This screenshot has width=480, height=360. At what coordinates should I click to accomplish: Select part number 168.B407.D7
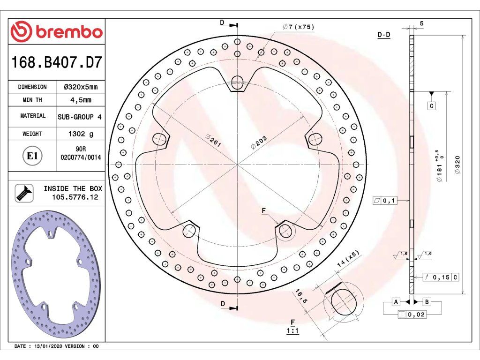pos(56,62)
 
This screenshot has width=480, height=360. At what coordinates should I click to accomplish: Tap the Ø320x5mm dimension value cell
pos(81,87)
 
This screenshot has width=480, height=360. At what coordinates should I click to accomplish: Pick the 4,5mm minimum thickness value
pos(81,100)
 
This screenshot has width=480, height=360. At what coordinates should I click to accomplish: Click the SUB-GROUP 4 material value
pos(80,117)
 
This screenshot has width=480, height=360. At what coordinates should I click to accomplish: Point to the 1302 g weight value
pos(81,134)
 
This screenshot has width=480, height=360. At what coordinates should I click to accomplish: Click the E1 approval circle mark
pos(32,156)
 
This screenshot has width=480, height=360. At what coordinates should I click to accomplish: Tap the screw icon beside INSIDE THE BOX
pos(24,193)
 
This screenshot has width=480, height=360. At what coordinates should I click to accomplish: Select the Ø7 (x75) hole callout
pos(299,27)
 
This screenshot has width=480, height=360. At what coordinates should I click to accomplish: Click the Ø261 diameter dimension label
pos(213,141)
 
